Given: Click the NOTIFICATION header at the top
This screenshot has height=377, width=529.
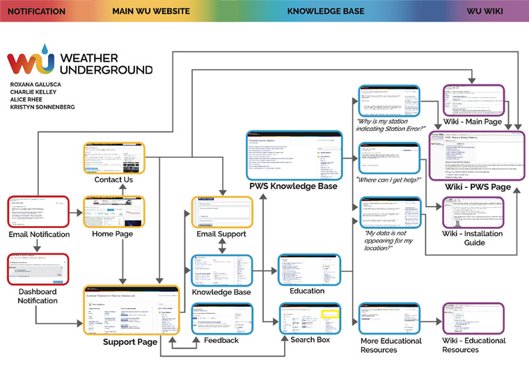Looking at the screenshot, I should click(36, 11).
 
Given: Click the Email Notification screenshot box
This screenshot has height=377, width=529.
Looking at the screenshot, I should click(38, 211).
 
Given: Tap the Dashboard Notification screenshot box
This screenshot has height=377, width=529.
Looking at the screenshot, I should click(38, 269).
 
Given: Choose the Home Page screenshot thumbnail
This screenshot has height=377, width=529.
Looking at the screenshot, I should click(113, 211).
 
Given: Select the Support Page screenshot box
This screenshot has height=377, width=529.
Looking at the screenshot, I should click(132, 310).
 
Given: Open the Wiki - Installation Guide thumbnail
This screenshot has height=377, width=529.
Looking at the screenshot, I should click(473, 212).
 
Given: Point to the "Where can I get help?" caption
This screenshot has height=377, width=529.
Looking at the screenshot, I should click(388, 180).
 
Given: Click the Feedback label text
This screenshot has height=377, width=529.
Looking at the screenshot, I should click(221, 341).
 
